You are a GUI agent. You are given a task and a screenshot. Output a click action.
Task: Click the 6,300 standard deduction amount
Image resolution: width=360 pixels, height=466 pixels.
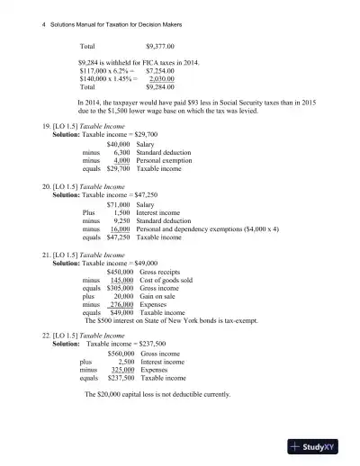point(121,152)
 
